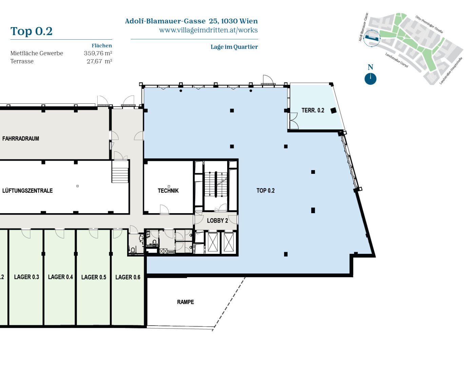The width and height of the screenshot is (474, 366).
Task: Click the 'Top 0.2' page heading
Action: click(x=32, y=31)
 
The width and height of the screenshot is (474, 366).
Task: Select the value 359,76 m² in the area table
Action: click(x=98, y=53)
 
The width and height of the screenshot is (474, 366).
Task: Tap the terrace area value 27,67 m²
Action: click(x=99, y=61)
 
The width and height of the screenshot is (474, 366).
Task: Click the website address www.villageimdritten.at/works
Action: click(x=208, y=30)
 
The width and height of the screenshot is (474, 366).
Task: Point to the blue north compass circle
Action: click(x=370, y=79)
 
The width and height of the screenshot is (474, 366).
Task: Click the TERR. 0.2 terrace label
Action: click(x=313, y=110)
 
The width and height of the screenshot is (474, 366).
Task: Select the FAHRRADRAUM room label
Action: click(x=21, y=138)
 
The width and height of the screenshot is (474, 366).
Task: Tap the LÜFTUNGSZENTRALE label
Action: click(x=27, y=190)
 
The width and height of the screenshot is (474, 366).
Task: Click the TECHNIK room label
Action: click(x=168, y=191)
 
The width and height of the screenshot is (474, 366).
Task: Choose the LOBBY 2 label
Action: click(x=217, y=221)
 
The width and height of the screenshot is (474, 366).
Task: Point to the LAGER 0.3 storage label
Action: click(x=26, y=277)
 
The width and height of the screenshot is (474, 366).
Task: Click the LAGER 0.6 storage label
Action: click(x=128, y=277)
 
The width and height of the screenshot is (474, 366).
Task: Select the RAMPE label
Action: click(x=185, y=302)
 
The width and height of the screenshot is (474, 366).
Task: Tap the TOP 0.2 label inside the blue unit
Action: click(x=265, y=190)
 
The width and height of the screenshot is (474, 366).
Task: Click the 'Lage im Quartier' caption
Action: click(x=234, y=47)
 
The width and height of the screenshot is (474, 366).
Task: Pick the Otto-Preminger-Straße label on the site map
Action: click(x=429, y=24)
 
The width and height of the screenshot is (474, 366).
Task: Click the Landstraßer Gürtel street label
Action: click(x=397, y=60)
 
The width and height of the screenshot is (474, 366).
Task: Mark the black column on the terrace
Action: click(x=333, y=110)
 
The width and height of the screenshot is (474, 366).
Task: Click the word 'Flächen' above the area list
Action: click(x=102, y=45)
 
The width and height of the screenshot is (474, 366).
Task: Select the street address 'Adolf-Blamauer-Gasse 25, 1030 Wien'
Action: click(x=191, y=21)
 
